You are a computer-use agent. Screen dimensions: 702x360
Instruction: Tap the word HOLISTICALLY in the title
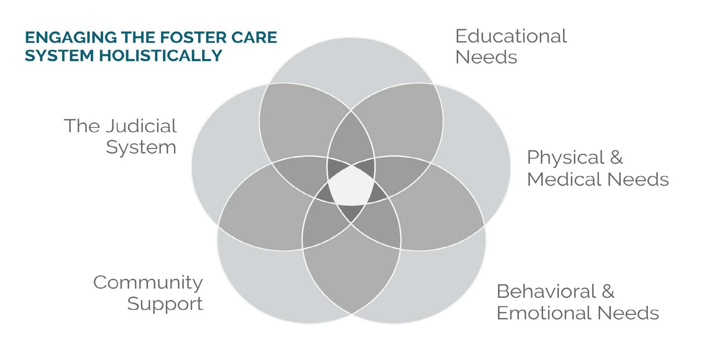161,56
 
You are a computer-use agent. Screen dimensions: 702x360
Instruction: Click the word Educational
511,36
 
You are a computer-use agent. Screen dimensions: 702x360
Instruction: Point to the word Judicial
141,126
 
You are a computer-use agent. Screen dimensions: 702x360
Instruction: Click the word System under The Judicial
141,147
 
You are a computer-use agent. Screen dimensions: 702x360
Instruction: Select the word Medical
565,179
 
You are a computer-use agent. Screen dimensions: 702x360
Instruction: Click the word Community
148,283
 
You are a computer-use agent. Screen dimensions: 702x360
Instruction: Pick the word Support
165,304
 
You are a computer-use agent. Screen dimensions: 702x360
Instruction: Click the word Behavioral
546,291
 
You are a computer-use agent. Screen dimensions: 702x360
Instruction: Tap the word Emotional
544,313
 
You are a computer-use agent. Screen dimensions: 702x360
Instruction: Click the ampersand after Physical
616,157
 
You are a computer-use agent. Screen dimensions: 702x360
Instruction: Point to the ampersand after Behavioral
608,291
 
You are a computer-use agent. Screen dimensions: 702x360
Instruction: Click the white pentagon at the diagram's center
351,186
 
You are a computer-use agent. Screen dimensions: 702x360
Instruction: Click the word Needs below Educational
486,57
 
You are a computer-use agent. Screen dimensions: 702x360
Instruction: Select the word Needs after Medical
638,179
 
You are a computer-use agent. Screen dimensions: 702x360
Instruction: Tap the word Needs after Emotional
628,313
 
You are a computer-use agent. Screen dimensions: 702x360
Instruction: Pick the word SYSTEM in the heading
60,56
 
